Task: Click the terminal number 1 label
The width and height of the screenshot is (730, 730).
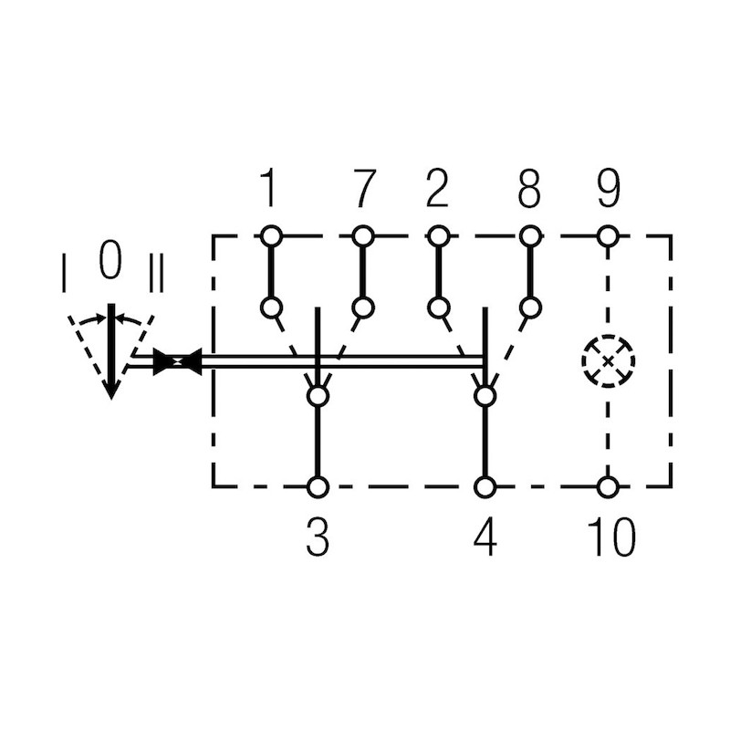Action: pos(267,189)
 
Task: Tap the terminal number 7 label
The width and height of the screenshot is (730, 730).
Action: pos(363,189)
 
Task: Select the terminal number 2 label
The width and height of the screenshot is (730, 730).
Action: pos(438,189)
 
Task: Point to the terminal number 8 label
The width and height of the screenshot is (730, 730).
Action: pos(529,189)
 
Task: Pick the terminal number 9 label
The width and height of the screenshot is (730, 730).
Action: pos(608,189)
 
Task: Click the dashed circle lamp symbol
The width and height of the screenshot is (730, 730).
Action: pos(608,361)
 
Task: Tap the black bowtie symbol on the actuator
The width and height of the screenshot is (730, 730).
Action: pos(177,362)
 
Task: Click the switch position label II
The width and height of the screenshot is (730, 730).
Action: pos(156,274)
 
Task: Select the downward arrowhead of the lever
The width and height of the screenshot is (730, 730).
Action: pos(110,387)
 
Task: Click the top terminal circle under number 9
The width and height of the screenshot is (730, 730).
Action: pos(608,236)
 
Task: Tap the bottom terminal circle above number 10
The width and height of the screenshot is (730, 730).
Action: pos(608,486)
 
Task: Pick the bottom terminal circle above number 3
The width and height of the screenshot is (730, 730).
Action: pos(318,486)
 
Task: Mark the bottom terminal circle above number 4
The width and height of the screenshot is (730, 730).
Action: pos(485,486)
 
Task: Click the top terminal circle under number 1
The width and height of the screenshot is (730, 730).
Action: pos(270,236)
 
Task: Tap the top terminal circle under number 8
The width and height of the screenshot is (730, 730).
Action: pos(529,236)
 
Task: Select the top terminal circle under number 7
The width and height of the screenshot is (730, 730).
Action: pos(363,236)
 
